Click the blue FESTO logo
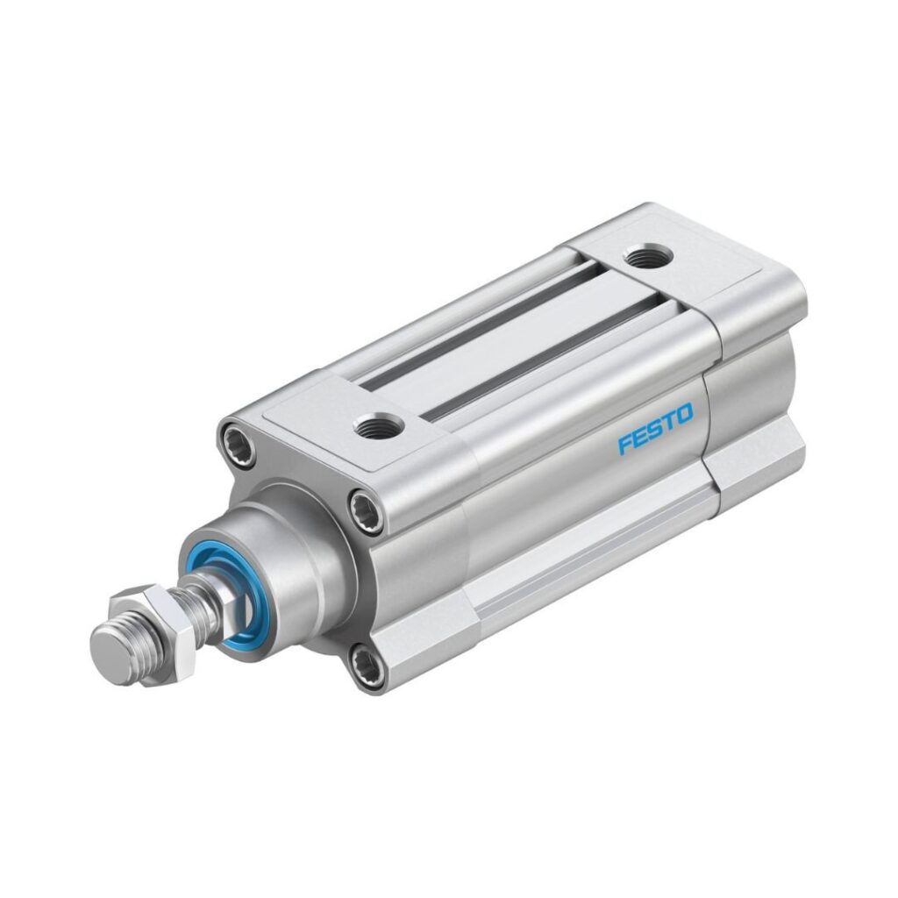pos(655,428)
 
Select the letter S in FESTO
pos(654,428)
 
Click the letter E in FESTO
pos(640,437)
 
